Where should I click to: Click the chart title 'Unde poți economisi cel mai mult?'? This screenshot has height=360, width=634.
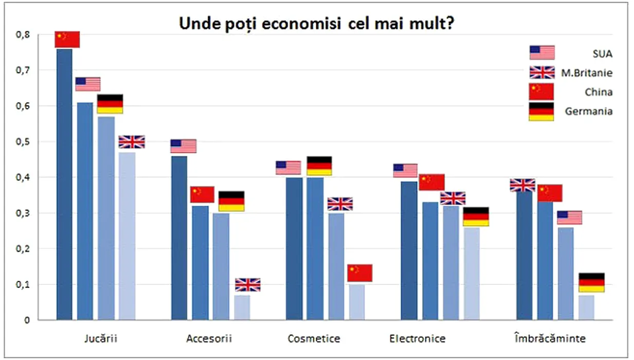[316, 24]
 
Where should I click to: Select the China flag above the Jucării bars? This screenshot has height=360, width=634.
[67, 39]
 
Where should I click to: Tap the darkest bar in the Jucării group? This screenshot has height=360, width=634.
[64, 184]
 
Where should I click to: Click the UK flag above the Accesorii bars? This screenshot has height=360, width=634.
[248, 285]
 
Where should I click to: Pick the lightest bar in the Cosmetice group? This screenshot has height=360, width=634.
[356, 302]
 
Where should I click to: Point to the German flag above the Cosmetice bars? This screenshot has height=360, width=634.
[319, 166]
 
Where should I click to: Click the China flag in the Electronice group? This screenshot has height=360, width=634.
[432, 182]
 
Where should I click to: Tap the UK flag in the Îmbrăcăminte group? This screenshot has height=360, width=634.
[522, 185]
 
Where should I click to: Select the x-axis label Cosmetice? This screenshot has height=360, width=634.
[314, 339]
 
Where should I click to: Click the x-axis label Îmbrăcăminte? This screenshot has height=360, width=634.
[550, 339]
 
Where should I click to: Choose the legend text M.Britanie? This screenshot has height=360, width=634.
[587, 73]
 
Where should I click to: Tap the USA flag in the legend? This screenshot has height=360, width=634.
[542, 52]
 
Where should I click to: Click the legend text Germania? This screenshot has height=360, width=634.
[589, 111]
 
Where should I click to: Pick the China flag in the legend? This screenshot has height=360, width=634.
[541, 92]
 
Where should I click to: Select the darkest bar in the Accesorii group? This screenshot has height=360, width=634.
[179, 238]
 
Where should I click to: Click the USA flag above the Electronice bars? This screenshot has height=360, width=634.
[405, 170]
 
